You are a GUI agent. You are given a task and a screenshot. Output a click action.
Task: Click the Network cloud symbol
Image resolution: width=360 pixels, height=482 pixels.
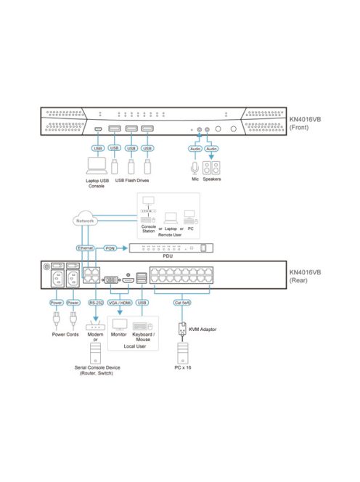[86, 220]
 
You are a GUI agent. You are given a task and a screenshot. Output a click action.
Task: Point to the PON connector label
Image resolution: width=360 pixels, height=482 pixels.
[110, 248]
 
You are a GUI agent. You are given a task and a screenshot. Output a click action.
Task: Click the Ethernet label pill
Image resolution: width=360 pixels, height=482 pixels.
[86, 248]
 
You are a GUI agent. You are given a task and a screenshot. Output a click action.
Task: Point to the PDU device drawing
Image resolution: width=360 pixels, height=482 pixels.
[172, 248]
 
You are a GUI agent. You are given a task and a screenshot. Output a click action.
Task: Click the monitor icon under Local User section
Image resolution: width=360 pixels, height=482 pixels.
[118, 324]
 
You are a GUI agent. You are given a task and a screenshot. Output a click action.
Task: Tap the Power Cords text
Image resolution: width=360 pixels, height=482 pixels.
[64, 335]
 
